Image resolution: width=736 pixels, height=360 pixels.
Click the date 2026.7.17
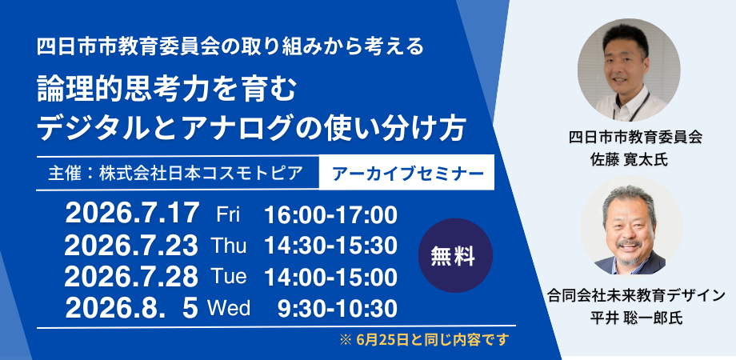(132, 214)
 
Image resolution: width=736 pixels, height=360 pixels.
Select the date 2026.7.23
(131, 246)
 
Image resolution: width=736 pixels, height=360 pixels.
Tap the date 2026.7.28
(131, 277)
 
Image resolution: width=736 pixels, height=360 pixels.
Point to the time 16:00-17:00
(331, 215)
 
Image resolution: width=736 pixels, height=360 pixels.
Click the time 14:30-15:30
(331, 246)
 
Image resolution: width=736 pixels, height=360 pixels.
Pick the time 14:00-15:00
(331, 278)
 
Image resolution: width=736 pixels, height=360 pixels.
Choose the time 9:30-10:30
(338, 309)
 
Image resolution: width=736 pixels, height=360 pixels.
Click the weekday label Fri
(228, 215)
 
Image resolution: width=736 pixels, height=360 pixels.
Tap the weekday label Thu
(229, 246)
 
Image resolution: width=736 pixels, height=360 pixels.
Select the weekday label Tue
(229, 277)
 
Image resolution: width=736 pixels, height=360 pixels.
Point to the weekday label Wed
(229, 308)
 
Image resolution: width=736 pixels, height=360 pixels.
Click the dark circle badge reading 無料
(455, 256)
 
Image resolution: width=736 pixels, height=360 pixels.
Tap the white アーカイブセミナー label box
(406, 172)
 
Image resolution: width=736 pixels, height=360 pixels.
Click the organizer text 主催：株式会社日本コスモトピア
(175, 174)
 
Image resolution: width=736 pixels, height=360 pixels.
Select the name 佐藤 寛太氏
(629, 160)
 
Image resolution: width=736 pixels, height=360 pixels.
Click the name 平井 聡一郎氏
(629, 318)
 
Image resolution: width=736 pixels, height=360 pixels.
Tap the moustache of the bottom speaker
(630, 243)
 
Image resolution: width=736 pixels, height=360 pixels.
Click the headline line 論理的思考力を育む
(166, 90)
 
